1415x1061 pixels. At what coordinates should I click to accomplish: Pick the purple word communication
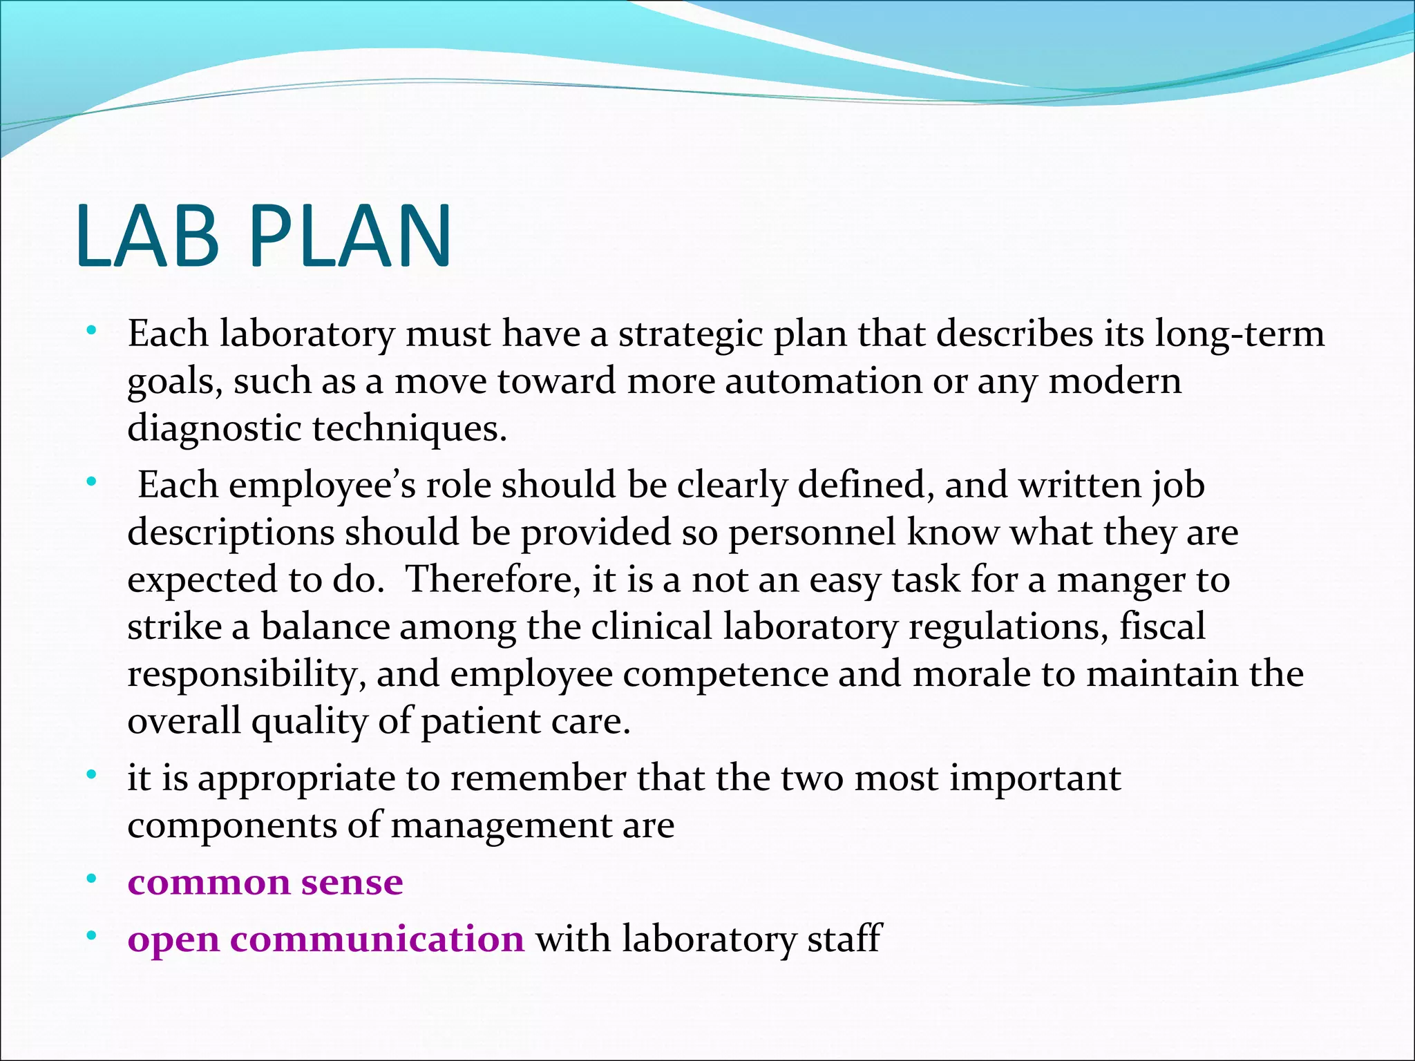pos(377,939)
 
